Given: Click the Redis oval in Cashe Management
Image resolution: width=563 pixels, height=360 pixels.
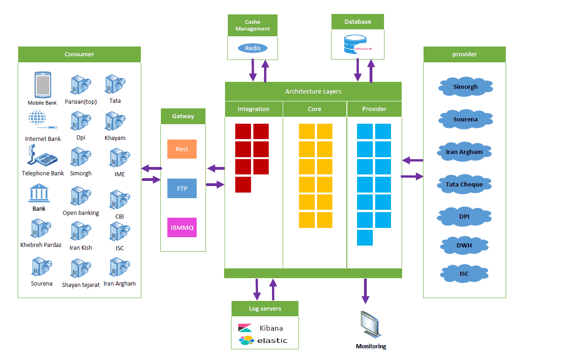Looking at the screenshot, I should (252, 48).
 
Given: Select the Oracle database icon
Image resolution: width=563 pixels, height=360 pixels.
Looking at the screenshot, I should (358, 44).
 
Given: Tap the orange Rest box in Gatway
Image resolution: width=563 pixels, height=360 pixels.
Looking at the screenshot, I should (182, 149).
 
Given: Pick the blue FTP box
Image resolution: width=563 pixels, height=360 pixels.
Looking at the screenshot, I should (182, 189).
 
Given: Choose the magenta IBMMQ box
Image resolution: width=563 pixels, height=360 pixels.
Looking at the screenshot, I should (182, 227).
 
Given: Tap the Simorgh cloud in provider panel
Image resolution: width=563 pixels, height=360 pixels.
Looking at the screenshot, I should (465, 87).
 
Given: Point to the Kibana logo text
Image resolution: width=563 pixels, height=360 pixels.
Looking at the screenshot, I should (271, 328).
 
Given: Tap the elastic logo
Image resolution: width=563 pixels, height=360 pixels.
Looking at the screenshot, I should (263, 340).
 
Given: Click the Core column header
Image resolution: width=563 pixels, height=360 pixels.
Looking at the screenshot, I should (314, 109).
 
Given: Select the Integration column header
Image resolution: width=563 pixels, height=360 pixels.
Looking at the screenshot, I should (253, 109).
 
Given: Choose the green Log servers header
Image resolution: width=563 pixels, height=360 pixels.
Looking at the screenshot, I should (265, 308).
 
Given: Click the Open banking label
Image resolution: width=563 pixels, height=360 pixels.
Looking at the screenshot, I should (81, 213).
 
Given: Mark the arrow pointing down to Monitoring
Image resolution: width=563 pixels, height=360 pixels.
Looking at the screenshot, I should (365, 292).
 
